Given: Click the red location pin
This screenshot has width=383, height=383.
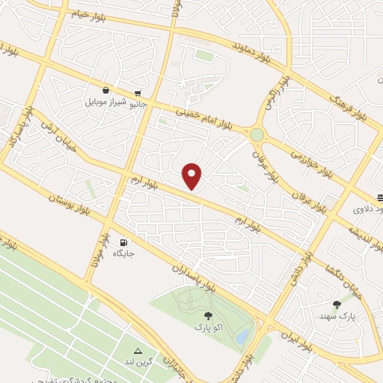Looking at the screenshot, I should (x=193, y=176).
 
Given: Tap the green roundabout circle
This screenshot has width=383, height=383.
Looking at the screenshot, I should (x=257, y=135).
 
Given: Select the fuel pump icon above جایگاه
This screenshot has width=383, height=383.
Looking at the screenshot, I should (x=123, y=242).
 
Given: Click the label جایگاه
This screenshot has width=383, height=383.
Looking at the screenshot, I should (x=123, y=255).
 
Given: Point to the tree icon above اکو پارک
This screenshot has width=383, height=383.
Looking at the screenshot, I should (x=207, y=316).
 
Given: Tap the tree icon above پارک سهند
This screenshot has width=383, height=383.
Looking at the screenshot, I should (x=337, y=304).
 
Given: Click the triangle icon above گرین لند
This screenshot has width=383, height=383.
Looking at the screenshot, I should (x=137, y=350).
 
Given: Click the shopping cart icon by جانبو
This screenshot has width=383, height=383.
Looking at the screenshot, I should (x=138, y=94).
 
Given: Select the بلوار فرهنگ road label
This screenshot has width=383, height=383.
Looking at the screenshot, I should (x=346, y=104).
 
